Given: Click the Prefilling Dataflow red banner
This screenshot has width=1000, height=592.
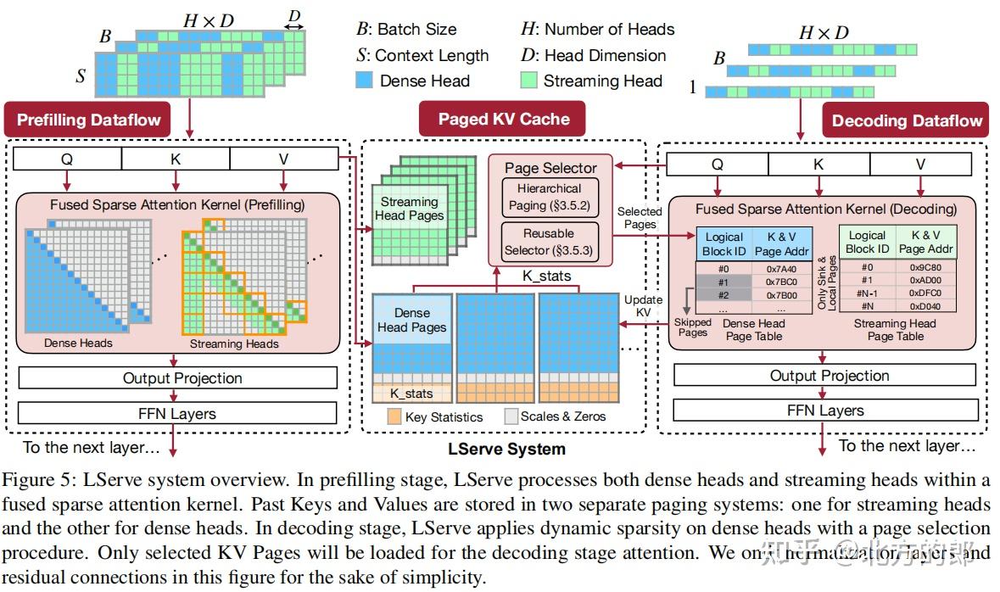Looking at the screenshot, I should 88,120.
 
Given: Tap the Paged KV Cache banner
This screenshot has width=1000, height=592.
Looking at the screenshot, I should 504,119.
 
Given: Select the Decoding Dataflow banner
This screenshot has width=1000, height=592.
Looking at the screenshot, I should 906,120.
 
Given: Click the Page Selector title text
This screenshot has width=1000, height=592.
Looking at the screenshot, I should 550,168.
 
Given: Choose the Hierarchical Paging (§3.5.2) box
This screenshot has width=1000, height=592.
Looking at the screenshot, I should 550,196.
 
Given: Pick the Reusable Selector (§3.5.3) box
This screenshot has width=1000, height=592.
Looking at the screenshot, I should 550,242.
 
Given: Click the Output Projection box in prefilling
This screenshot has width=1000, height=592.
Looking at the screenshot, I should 182,378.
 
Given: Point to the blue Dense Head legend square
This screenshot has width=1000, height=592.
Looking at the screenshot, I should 364,81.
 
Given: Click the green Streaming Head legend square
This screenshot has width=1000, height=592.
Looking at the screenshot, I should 528,81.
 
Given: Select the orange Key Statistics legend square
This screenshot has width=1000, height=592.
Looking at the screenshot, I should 393,416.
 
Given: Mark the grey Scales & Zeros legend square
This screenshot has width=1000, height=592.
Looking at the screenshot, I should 511,416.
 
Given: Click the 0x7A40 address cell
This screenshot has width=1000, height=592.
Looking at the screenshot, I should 781,268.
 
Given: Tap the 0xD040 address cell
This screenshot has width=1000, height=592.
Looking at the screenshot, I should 925,305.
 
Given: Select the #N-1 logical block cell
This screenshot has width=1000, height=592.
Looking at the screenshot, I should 867,293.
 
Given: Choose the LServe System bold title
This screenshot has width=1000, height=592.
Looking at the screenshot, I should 506,448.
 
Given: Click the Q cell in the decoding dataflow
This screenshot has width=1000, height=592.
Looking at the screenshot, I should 718,165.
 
